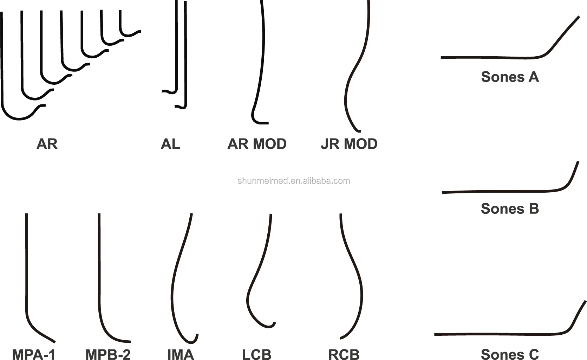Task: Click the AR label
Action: pyautogui.click(x=47, y=144)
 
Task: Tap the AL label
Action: pyautogui.click(x=170, y=144)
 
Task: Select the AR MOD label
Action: pyautogui.click(x=257, y=144)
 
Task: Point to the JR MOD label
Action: pyautogui.click(x=349, y=144)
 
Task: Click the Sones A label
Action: pyautogui.click(x=510, y=77)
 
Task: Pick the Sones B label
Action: pyautogui.click(x=510, y=208)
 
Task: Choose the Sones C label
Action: pyautogui.click(x=510, y=354)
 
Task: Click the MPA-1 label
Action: pyautogui.click(x=34, y=354)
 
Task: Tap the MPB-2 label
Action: pyautogui.click(x=108, y=354)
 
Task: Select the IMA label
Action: pyautogui.click(x=181, y=354)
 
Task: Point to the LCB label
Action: pyautogui.click(x=256, y=354)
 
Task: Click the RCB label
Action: pyautogui.click(x=344, y=354)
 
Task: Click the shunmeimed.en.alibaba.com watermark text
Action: pyautogui.click(x=294, y=181)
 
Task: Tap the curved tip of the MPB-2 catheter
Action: pyautogui.click(x=130, y=341)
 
